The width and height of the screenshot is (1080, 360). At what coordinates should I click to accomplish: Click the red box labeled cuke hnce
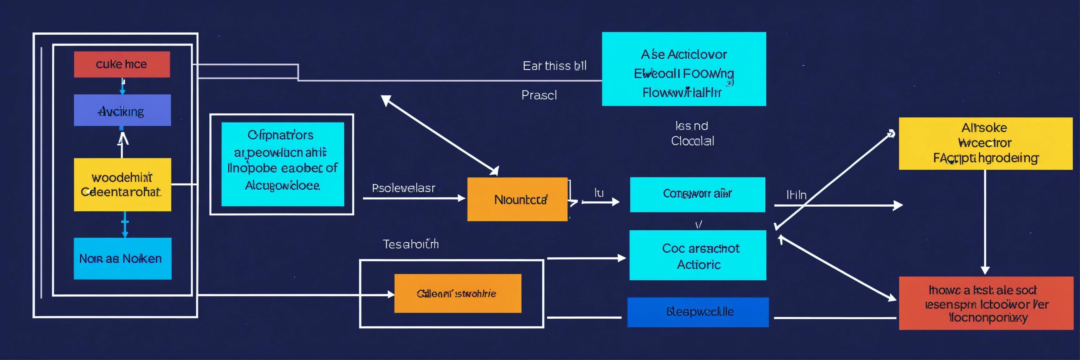pyautogui.click(x=122, y=64)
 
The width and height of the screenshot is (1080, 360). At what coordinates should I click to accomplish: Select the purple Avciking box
pyautogui.click(x=122, y=110)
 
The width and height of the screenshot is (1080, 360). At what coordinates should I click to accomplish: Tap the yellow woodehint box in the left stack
pyautogui.click(x=122, y=184)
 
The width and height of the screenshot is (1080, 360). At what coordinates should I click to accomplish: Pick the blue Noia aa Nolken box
pyautogui.click(x=122, y=258)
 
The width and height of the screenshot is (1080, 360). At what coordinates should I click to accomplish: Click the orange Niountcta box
pyautogui.click(x=517, y=199)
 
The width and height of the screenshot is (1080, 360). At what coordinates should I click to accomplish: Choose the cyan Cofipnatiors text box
pyautogui.click(x=282, y=164)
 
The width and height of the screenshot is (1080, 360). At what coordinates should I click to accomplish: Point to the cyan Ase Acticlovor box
pyautogui.click(x=683, y=69)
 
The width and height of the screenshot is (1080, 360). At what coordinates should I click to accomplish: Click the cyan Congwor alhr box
pyautogui.click(x=697, y=194)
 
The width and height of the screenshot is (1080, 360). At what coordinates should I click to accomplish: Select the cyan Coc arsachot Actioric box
pyautogui.click(x=697, y=255)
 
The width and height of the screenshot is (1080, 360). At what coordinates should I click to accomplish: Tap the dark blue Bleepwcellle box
pyautogui.click(x=697, y=312)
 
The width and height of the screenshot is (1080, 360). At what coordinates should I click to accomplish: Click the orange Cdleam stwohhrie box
pyautogui.click(x=457, y=293)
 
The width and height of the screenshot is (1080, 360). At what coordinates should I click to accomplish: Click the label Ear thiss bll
pyautogui.click(x=554, y=66)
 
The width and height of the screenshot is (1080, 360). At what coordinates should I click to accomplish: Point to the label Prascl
pyautogui.click(x=539, y=95)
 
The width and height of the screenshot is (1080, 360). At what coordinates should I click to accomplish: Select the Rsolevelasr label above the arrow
pyautogui.click(x=403, y=188)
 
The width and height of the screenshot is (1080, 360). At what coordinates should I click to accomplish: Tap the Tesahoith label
pyautogui.click(x=410, y=244)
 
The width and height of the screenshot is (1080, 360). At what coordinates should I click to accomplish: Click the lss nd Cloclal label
pyautogui.click(x=692, y=133)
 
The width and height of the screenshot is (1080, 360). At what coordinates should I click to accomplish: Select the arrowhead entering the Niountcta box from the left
pyautogui.click(x=462, y=198)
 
